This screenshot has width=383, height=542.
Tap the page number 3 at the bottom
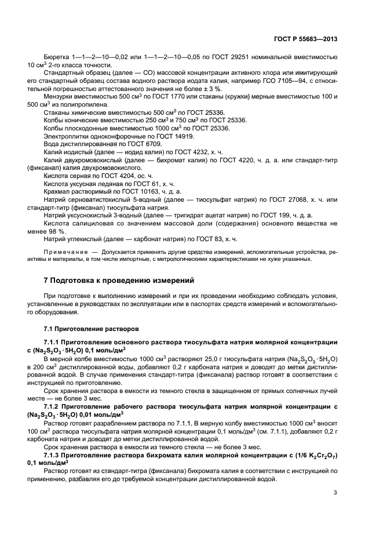pyautogui.click(x=335, y=493)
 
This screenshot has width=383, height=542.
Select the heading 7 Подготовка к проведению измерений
pyautogui.click(x=119, y=280)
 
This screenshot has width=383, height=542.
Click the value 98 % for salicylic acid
pyautogui.click(x=57, y=230)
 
